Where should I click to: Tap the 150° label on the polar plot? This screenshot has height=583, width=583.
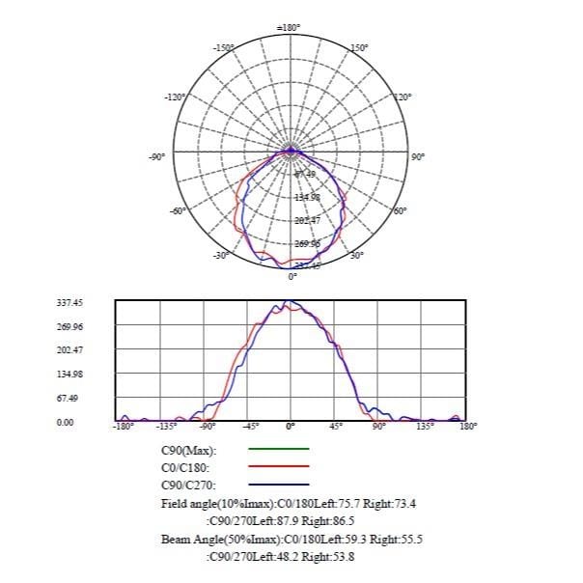pos(357,46)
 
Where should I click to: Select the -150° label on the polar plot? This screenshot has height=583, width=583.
pos(224,46)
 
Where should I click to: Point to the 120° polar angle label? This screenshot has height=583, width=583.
pos(403,97)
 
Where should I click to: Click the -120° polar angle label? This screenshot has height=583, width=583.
pos(176,97)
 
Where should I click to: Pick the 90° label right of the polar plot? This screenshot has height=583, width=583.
pos(418,156)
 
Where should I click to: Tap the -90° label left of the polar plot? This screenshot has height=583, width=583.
pos(158,156)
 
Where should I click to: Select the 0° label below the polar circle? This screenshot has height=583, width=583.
pos(293,277)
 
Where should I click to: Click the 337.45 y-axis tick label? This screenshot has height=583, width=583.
pos(70,302)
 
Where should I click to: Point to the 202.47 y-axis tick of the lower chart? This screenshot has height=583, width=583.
pos(70,350)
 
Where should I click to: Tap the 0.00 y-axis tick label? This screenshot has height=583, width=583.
pos(66,422)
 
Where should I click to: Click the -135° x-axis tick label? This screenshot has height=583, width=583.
pos(166,425)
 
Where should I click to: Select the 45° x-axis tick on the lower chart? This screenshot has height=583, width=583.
pos(335,425)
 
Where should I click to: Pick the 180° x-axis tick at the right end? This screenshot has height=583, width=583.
pos(468,425)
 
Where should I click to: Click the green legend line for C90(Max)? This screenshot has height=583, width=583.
pos(279,449)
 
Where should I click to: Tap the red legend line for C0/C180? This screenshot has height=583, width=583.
pos(279,466)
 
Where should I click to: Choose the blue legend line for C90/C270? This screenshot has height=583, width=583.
pos(279,484)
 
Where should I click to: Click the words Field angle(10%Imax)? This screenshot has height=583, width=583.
pos(218,503)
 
